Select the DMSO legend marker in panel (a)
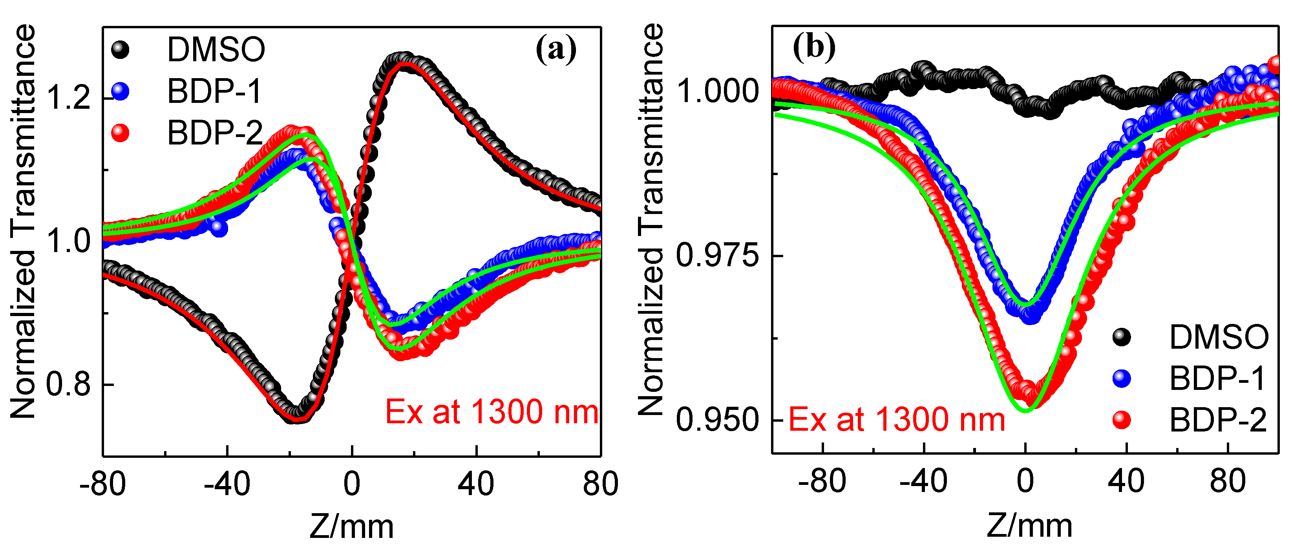tap(120, 49)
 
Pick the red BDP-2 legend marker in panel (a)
tap(120, 133)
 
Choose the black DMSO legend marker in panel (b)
tap(1122, 337)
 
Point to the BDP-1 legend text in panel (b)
tap(1217, 378)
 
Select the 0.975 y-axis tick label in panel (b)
tap(717, 256)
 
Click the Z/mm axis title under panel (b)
tap(1029, 526)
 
